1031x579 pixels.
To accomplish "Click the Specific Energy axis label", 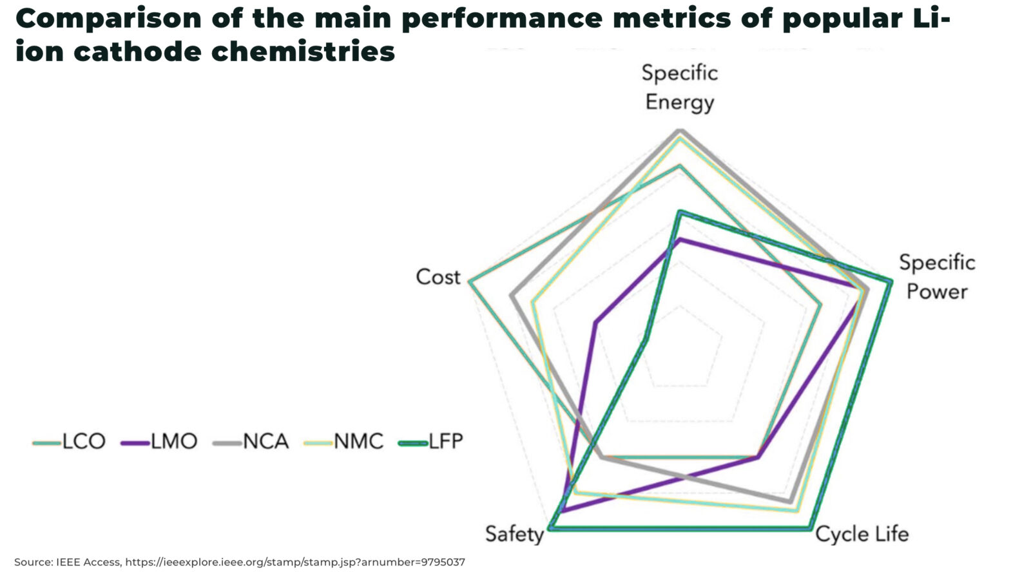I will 679,88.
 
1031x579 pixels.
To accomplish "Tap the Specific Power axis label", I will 936,277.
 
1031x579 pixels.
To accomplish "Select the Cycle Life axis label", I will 862,534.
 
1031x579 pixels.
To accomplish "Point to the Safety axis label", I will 514,534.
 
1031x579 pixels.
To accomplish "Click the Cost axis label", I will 438,277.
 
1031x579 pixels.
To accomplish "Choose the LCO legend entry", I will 70,442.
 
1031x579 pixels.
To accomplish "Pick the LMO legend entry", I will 159,442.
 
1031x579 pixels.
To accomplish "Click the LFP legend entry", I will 431,442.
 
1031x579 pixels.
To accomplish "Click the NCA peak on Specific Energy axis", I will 680,131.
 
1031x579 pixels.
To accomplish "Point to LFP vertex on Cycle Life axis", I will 810,529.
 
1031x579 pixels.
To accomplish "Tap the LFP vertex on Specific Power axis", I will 891,281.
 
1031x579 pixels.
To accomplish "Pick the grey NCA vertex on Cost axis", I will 511,295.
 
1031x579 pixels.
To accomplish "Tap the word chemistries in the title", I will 303,52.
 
